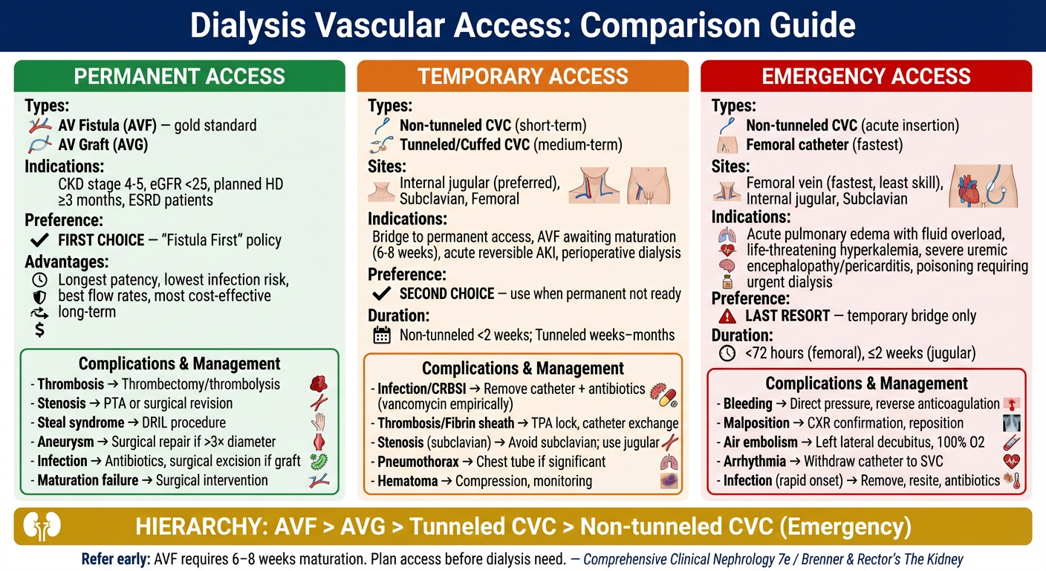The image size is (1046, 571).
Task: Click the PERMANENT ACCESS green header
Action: pyautogui.click(x=180, y=76)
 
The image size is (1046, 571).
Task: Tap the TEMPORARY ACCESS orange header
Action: pyautogui.click(x=523, y=76)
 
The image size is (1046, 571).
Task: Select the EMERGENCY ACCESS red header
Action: pyautogui.click(x=866, y=76)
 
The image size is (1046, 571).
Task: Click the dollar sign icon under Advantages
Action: pyautogui.click(x=40, y=329)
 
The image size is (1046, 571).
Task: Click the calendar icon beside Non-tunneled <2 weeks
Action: pyautogui.click(x=381, y=335)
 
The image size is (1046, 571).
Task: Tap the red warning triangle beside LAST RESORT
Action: pyautogui.click(x=727, y=316)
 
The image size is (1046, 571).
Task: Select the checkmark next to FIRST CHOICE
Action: pyautogui.click(x=40, y=240)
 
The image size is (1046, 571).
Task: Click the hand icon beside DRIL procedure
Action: pyautogui.click(x=319, y=422)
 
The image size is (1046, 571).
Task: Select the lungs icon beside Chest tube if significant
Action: pyautogui.click(x=669, y=462)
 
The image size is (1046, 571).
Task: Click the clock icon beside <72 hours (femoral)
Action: pyautogui.click(x=727, y=354)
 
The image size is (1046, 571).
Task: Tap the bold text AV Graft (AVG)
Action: pyautogui.click(x=103, y=145)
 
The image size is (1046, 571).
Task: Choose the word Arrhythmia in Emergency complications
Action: pyautogui.click(x=755, y=462)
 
